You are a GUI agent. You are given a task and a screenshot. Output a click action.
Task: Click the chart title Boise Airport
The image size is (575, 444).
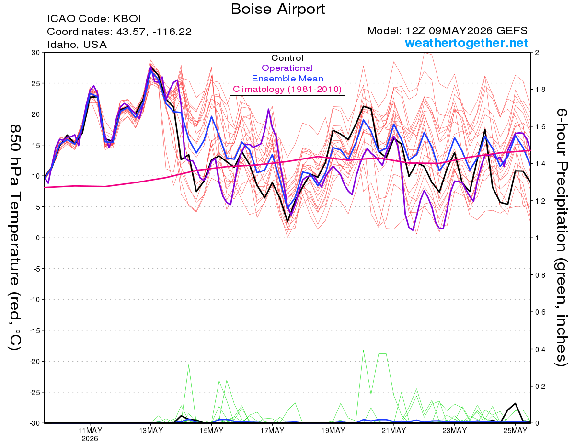click(278, 10)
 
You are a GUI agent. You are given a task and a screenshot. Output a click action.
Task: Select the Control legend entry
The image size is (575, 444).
click(287, 58)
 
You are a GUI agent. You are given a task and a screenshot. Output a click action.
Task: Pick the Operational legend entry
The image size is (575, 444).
click(287, 68)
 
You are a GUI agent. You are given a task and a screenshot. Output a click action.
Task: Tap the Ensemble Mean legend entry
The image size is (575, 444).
click(287, 79)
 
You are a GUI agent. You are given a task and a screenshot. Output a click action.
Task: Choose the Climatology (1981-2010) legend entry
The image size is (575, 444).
click(287, 89)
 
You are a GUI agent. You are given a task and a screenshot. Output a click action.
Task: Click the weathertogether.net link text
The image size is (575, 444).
click(466, 43)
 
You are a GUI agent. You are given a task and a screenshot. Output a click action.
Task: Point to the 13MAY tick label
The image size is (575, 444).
click(151, 431)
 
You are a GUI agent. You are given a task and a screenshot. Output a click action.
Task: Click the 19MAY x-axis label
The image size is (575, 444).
click(333, 431)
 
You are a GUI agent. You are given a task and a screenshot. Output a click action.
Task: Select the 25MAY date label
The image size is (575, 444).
click(515, 431)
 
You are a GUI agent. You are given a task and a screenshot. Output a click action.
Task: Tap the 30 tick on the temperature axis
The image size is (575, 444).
click(36, 53)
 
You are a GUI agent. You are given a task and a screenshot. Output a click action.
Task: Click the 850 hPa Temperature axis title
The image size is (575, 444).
click(15, 238)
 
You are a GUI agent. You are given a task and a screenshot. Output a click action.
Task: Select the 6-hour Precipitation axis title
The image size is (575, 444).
click(561, 238)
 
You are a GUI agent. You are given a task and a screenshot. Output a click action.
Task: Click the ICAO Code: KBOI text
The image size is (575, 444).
click(93, 19)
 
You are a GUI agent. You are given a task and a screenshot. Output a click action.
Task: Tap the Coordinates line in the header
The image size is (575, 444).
click(119, 32)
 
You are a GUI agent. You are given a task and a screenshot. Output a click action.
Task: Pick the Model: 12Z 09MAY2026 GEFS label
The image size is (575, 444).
click(448, 31)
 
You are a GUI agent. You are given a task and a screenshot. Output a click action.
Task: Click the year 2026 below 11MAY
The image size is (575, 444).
click(90, 439)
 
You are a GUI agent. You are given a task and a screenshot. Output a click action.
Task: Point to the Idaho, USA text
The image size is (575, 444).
click(77, 45)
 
